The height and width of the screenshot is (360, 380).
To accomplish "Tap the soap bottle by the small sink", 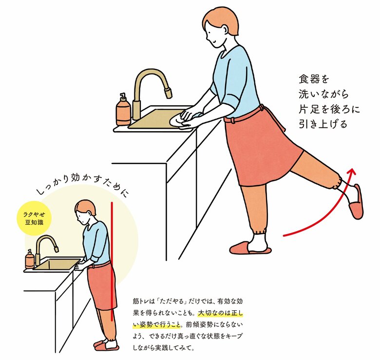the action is pos(30,259).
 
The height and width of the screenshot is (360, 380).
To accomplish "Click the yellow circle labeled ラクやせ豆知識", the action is pos(35,218).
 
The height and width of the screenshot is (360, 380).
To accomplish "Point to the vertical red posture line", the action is pos(112,261).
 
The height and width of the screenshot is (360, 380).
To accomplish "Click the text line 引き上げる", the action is pos(323,124).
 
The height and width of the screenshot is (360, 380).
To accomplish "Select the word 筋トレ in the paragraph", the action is pos(140,301).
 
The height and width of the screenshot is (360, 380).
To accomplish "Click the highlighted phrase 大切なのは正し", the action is pos(220,313).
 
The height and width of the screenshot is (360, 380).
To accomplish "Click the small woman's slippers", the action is pos(106,345).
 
